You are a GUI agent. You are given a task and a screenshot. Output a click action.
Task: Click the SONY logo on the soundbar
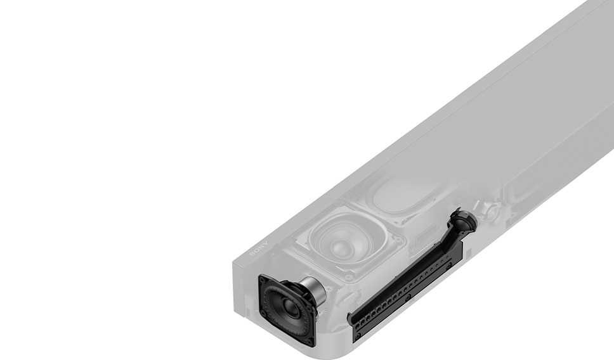click(259, 249)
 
